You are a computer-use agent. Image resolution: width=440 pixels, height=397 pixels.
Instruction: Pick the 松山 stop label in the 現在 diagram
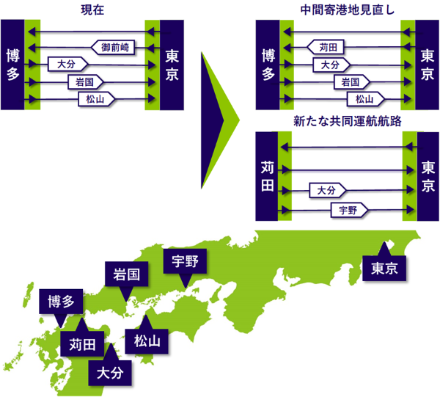point(96,97)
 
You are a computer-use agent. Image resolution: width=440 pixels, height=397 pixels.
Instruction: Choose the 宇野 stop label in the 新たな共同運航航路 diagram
point(348,211)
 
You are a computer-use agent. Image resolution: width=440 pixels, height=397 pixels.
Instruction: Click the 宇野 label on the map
point(186,261)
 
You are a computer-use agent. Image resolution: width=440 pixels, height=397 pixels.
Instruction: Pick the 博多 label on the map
point(61,302)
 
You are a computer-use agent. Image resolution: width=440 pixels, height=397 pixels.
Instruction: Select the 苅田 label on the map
point(83,343)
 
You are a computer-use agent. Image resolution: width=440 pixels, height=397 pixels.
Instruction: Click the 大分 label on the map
point(111,372)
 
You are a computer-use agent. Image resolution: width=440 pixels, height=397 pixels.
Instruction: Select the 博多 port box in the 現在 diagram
point(12,65)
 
